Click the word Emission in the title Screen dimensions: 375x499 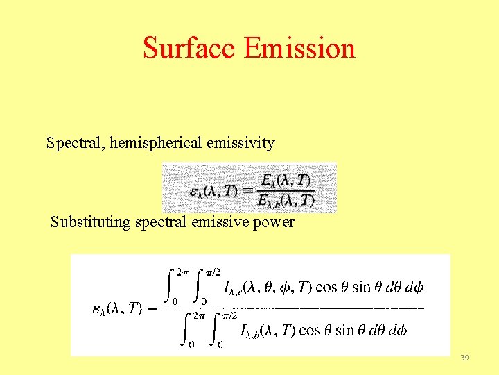pos(299,48)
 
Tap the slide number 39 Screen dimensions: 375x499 pos(464,358)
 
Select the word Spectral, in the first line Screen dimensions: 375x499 pos(72,143)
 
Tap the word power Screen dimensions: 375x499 pos(276,223)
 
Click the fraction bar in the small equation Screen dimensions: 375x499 pos(287,190)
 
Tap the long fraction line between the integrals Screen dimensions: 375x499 pos(298,307)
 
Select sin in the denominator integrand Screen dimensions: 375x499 pos(344,331)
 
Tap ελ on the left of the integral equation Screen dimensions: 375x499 pos(100,308)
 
